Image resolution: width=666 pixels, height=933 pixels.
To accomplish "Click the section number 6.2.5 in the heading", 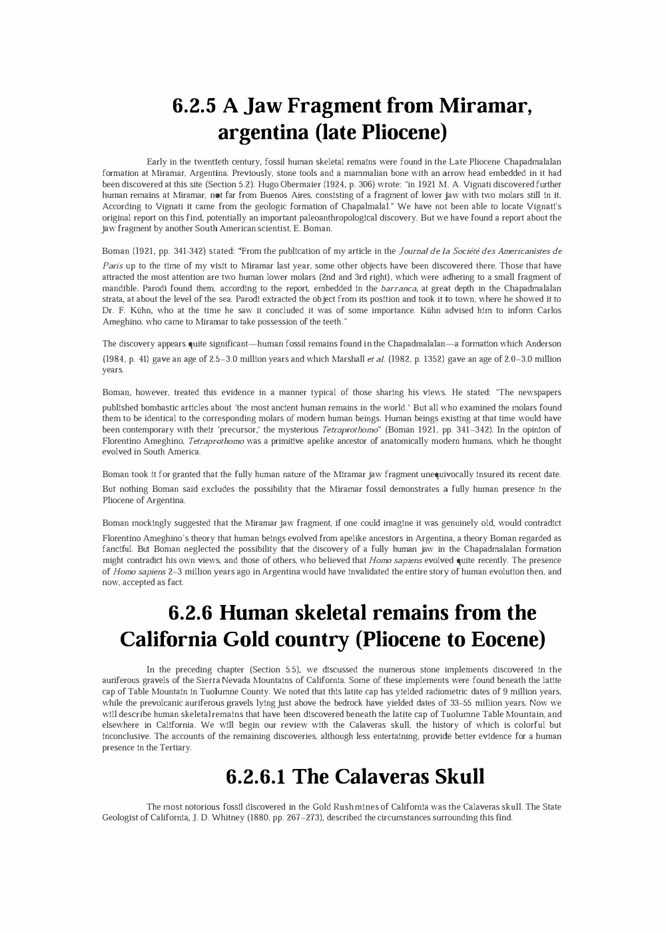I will [x=194, y=106].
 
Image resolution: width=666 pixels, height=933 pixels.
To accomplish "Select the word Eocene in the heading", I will [x=507, y=640].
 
